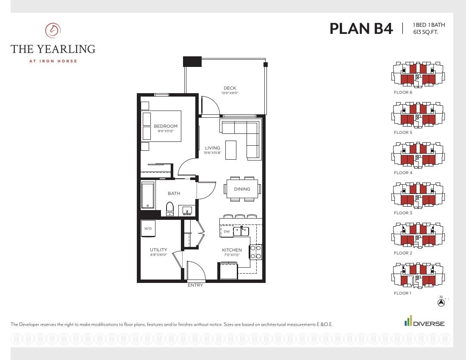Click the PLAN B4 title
point(361,28)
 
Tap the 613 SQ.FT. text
point(426,32)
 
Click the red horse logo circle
point(53,30)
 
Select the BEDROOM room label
point(166,126)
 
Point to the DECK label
point(230,88)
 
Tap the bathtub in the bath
point(148,195)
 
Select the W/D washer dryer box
point(148,228)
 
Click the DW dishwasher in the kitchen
point(227,231)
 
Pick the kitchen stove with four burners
point(255,252)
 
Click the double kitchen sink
point(241,231)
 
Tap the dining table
point(242,189)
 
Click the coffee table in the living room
point(231,150)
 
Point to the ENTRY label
point(195,285)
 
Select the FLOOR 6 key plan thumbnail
point(418,75)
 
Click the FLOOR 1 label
point(403,293)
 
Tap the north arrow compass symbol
point(441,302)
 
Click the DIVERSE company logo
point(424,321)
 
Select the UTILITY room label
point(158,250)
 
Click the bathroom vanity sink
point(187,210)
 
